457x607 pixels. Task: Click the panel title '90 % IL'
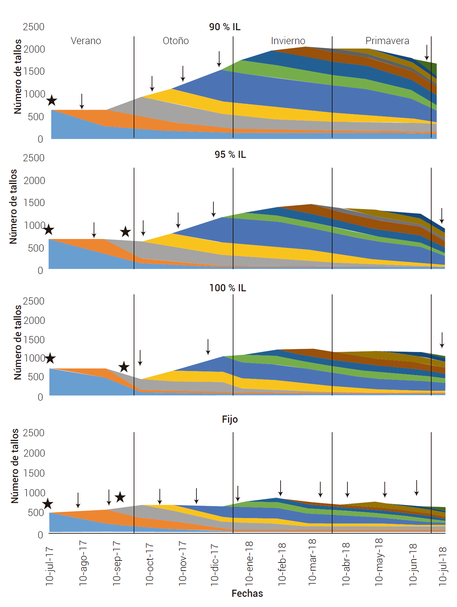click(x=225, y=27)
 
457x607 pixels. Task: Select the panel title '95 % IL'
click(x=230, y=154)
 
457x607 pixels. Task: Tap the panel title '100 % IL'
click(x=228, y=288)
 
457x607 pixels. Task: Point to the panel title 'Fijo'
click(x=230, y=419)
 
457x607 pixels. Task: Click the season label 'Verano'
click(x=86, y=41)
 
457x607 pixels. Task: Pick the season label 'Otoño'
click(x=176, y=41)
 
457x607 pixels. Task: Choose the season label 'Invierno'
click(x=288, y=41)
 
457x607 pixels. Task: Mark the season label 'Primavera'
click(x=387, y=41)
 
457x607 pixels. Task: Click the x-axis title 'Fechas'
click(x=247, y=593)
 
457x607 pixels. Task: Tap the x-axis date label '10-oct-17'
click(x=150, y=564)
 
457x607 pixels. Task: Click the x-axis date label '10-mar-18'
click(x=312, y=562)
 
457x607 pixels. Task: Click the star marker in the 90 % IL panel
click(x=52, y=100)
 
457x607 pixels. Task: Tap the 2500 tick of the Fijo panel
click(x=34, y=433)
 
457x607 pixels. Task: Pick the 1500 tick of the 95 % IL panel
click(x=34, y=203)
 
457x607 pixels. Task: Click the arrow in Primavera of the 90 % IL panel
click(x=427, y=52)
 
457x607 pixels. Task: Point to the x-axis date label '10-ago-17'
click(x=83, y=563)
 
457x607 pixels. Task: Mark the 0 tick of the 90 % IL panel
click(x=40, y=139)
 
